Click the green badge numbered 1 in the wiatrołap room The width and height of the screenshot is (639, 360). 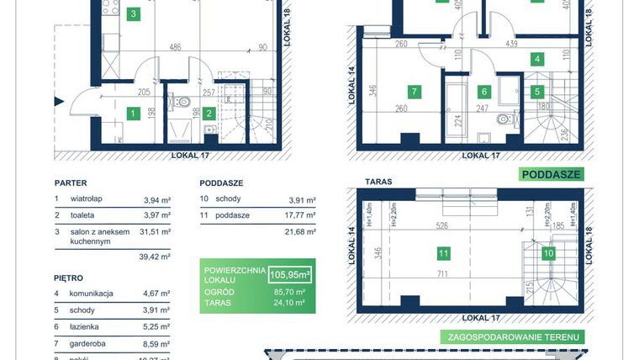point(132,113)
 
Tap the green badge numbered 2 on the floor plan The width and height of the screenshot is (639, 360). point(209,113)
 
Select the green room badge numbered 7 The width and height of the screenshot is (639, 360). point(414,92)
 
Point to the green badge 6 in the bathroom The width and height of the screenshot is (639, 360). point(483,92)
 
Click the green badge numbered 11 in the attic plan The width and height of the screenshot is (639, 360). point(442,251)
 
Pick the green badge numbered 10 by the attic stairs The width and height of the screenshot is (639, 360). point(548,251)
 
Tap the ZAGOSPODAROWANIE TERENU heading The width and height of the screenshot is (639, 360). point(512,336)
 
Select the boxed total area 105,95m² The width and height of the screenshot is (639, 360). point(290,274)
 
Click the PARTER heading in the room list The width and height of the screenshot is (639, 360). point(71,183)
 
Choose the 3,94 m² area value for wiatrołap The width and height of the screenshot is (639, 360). point(157,200)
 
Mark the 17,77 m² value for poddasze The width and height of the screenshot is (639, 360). point(300,216)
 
